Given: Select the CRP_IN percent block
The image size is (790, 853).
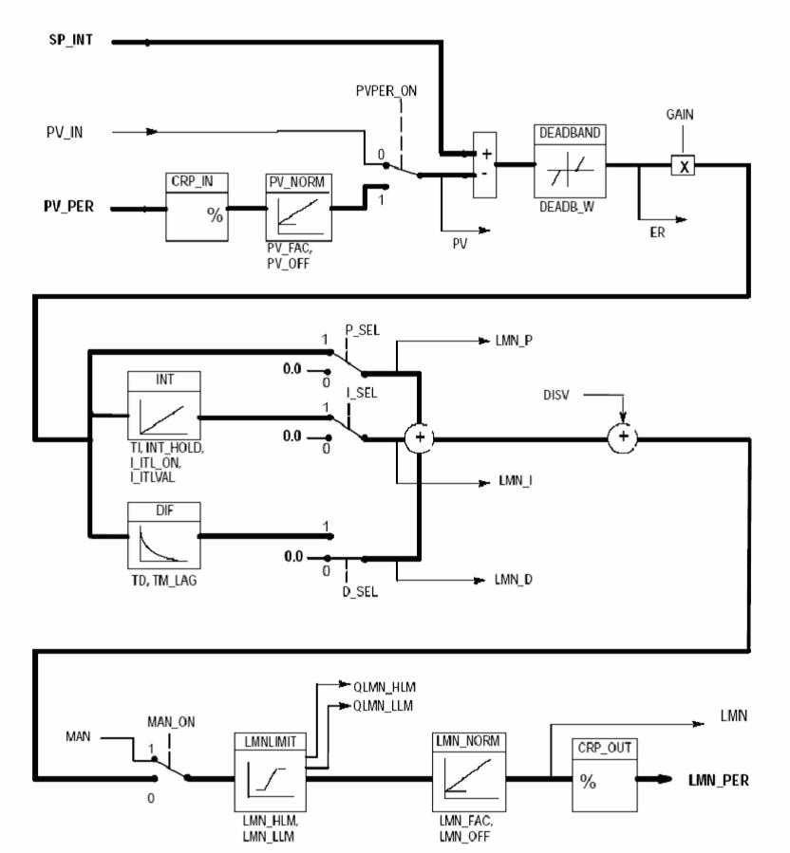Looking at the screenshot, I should [x=197, y=209].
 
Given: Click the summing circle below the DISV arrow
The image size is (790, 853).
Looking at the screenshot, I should [x=622, y=437].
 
